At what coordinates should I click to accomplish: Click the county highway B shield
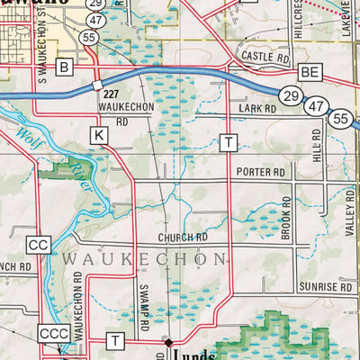pos(64,67)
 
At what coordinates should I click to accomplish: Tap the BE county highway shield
pos(310,71)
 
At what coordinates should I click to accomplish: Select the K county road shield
pos(99,134)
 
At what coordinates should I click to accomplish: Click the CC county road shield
pos(38,244)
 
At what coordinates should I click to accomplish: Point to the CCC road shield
pos(52,335)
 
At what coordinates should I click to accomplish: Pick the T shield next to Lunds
pos(115,339)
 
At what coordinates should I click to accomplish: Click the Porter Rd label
pos(260,171)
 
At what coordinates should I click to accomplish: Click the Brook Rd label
pos(284,220)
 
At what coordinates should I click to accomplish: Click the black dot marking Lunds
pos(168,342)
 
